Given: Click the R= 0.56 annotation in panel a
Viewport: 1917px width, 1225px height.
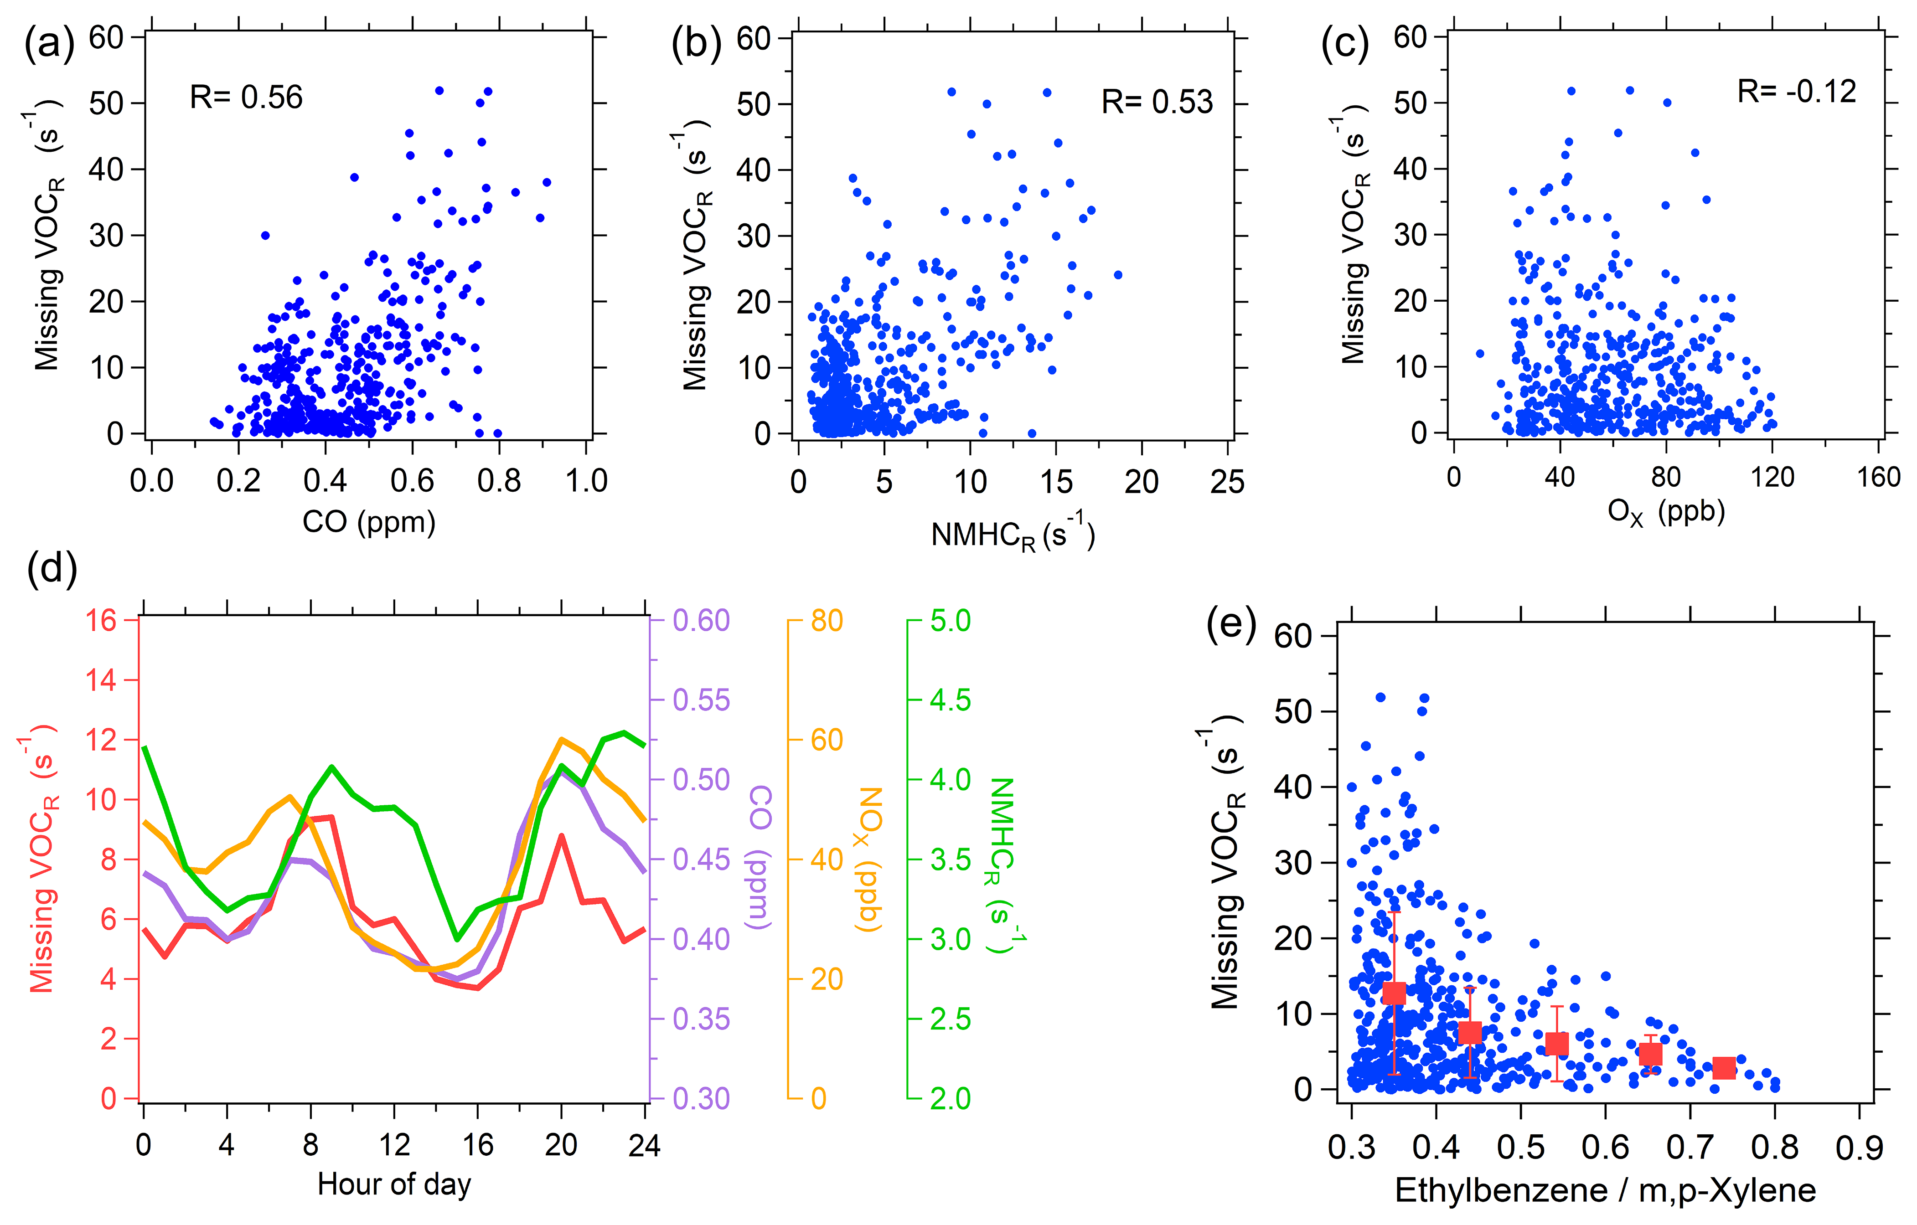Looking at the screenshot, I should click(x=246, y=97).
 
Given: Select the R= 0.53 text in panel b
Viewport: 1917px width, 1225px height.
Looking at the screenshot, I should click(x=1157, y=102).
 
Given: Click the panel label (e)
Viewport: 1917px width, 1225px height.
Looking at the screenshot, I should click(x=1231, y=623).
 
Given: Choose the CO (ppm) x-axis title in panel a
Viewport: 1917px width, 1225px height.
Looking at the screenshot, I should click(x=369, y=522).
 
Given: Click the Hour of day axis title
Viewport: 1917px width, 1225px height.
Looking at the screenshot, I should click(x=394, y=1184).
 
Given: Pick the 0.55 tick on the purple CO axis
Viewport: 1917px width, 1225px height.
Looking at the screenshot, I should click(x=701, y=700).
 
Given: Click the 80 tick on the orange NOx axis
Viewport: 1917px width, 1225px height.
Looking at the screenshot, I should click(x=827, y=621).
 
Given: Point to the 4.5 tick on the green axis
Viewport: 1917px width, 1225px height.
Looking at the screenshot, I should click(x=951, y=700).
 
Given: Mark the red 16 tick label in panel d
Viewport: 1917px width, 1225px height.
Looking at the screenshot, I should click(x=102, y=620).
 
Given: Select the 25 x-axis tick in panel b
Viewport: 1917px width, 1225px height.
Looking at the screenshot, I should click(x=1227, y=482).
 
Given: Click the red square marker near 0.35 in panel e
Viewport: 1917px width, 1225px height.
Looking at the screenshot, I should click(x=1394, y=993).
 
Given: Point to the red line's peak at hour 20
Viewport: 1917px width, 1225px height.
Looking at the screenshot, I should click(x=561, y=836).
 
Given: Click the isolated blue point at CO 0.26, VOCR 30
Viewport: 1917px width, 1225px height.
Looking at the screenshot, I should click(x=265, y=236).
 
